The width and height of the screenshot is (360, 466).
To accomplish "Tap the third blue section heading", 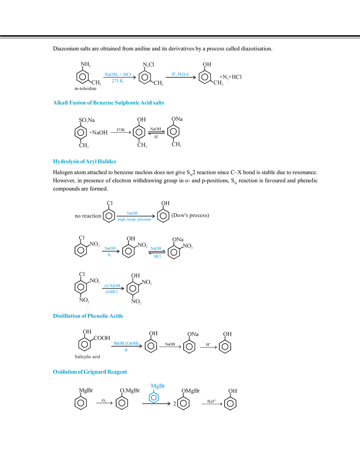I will pyautogui.click(x=87, y=316).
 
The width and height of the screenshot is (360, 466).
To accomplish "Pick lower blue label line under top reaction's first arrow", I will pyautogui.click(x=117, y=82).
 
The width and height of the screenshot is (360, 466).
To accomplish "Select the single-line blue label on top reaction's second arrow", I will pyautogui.click(x=180, y=74).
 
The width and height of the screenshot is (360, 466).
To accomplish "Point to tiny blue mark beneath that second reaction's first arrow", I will pyautogui.click(x=109, y=255).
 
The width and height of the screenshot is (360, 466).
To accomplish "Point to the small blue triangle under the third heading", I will pyautogui.click(x=126, y=350).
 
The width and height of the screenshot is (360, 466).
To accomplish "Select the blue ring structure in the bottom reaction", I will pyautogui.click(x=153, y=397).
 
